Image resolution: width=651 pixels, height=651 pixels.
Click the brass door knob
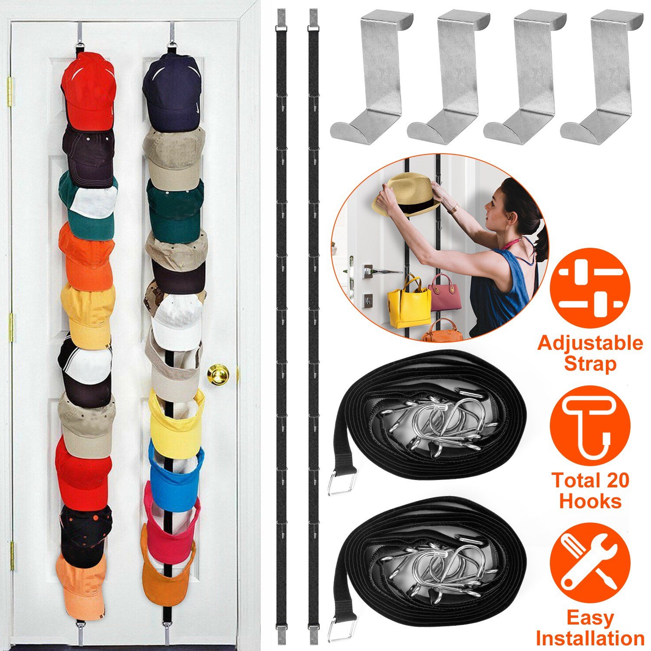click(218, 374)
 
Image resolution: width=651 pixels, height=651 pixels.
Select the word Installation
click(590, 638)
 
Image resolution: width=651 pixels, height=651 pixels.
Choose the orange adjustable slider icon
click(590, 288)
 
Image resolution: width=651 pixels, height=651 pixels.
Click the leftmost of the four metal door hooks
click(372, 78)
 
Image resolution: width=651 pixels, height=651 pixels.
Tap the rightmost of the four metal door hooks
click(602, 78)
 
